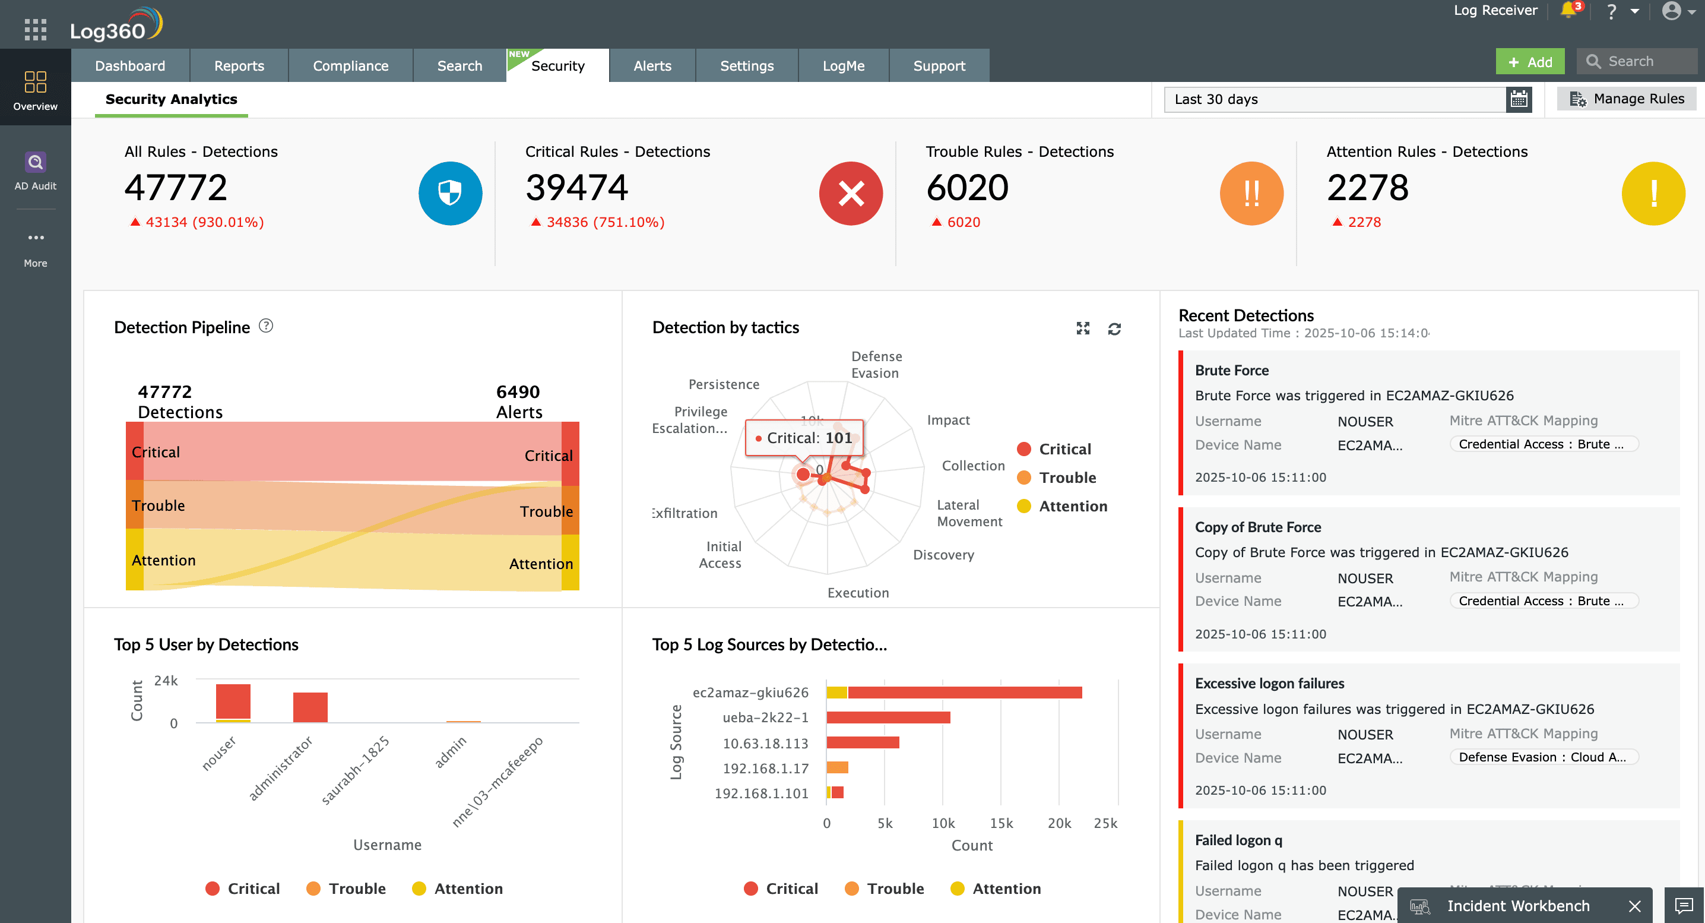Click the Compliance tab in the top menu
tap(350, 65)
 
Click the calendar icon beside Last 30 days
tap(1519, 99)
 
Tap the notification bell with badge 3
tap(1568, 11)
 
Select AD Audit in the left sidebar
tap(35, 170)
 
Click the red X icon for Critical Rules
tap(851, 194)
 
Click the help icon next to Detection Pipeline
tap(265, 325)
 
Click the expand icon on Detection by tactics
tap(1083, 328)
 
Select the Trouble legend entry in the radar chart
tap(1066, 478)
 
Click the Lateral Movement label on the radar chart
tap(969, 513)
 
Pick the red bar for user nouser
tap(233, 700)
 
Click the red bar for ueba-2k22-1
tap(888, 717)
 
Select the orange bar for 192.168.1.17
tap(837, 767)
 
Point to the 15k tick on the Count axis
tap(1001, 823)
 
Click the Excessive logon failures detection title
tap(1269, 683)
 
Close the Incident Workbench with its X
tap(1634, 906)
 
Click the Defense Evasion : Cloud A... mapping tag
tap(1542, 757)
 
